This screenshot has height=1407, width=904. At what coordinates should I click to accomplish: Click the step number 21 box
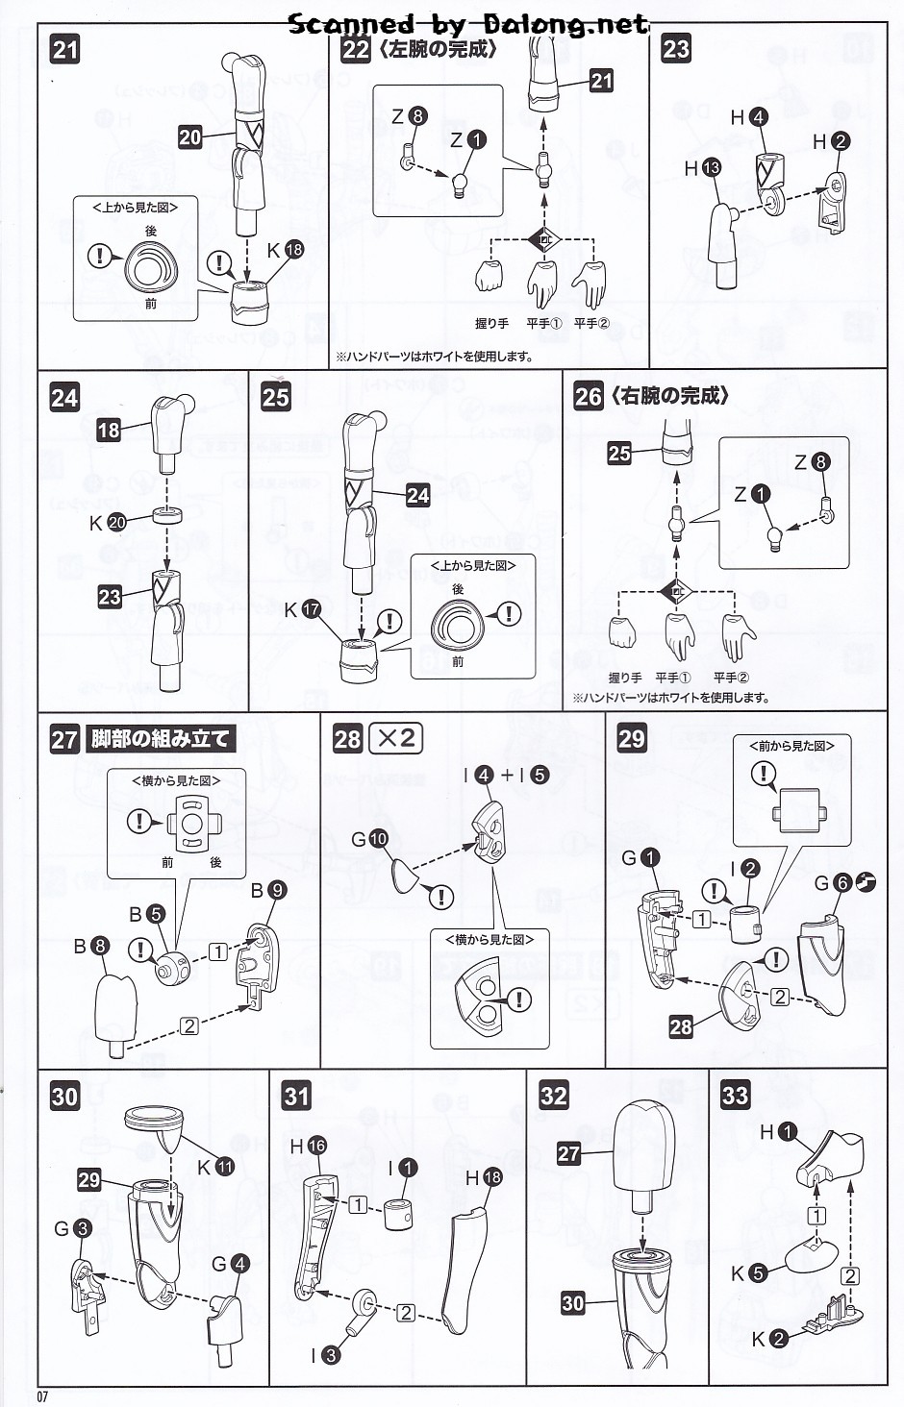65,49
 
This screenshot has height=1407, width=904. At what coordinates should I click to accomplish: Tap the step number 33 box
735,1096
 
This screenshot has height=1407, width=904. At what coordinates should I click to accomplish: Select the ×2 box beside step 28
396,737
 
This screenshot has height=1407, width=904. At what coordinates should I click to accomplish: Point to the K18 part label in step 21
285,250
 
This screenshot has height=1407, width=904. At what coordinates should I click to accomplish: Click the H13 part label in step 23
702,168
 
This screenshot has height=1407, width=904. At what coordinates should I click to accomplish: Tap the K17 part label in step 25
301,609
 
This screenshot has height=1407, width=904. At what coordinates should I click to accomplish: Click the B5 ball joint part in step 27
173,966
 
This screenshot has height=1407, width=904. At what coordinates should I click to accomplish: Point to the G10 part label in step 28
368,839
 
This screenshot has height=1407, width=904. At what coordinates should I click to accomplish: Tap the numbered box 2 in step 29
780,997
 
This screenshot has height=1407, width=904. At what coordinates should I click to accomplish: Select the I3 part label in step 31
321,1355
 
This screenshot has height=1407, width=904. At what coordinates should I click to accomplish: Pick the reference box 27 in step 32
569,1153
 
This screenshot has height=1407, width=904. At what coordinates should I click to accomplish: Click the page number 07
42,1396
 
